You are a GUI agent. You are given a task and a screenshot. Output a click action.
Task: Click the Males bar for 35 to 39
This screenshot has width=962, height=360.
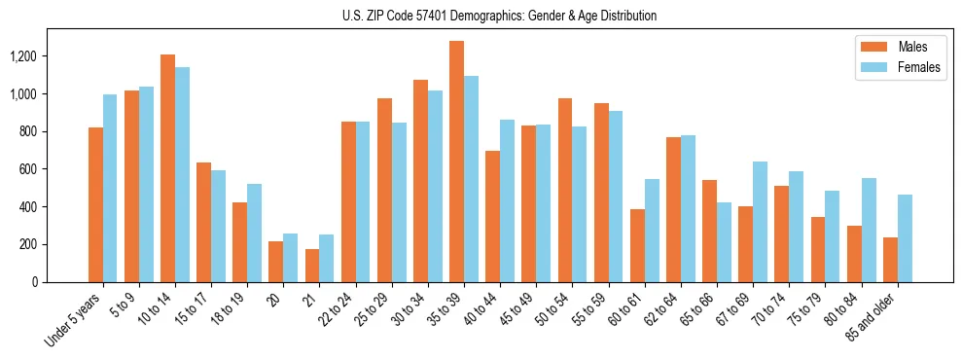(x=456, y=162)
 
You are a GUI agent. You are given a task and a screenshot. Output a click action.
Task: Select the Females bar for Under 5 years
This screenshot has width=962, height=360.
(x=110, y=188)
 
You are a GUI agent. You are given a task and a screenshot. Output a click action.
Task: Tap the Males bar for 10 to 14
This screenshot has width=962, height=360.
(x=167, y=168)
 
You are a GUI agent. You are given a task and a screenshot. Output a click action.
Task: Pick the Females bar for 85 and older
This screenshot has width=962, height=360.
(x=905, y=238)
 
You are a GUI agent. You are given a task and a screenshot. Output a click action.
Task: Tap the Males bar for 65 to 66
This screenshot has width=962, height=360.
(x=709, y=231)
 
